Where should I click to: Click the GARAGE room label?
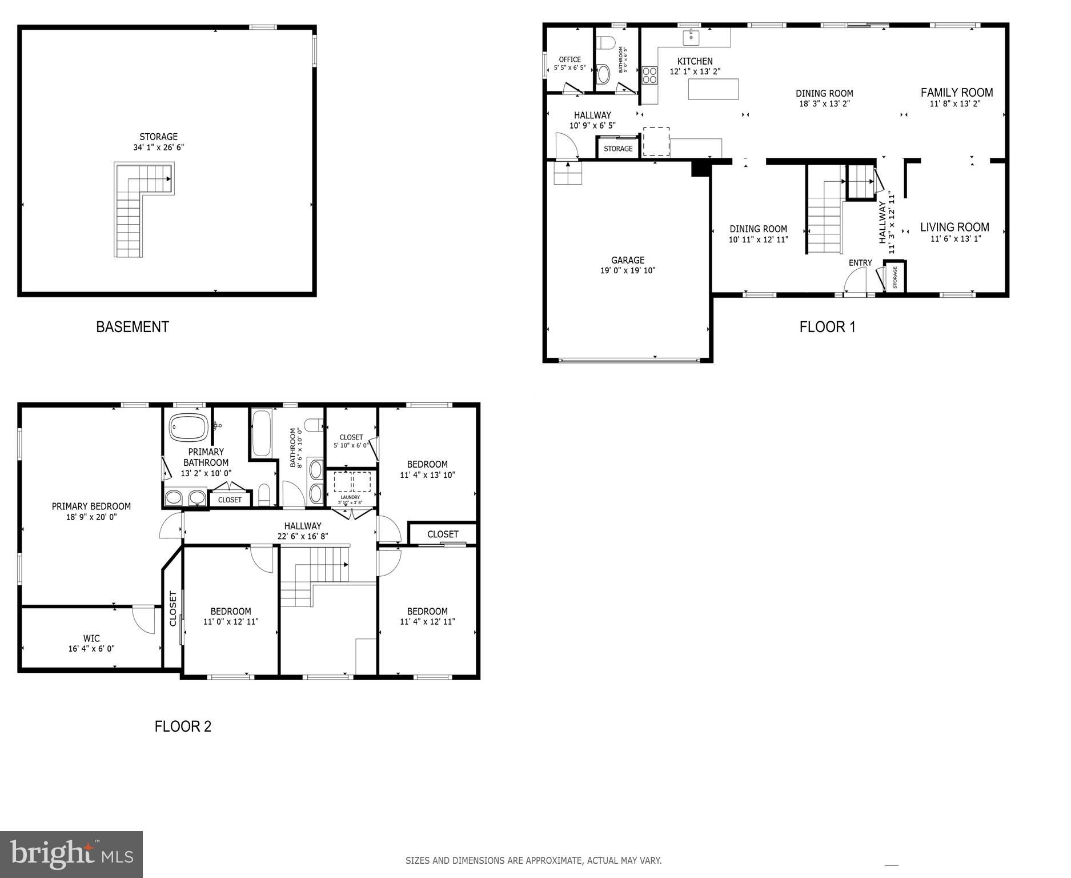click(x=627, y=260)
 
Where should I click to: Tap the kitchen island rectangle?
click(x=713, y=89)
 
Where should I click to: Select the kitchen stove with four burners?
click(x=649, y=75)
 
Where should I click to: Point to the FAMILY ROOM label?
click(x=956, y=93)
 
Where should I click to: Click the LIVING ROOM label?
click(x=954, y=228)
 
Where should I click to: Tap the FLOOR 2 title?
click(x=183, y=727)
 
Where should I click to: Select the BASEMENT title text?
click(x=133, y=327)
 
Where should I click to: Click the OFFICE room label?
click(x=569, y=59)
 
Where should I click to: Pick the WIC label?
click(x=91, y=638)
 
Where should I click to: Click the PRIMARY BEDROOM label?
click(x=91, y=506)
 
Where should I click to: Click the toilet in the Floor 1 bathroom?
click(x=605, y=43)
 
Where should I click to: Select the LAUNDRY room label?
click(x=350, y=497)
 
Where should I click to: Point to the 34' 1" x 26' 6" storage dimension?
click(x=158, y=147)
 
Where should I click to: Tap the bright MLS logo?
click(x=71, y=854)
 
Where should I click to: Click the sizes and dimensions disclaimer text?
click(x=534, y=860)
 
